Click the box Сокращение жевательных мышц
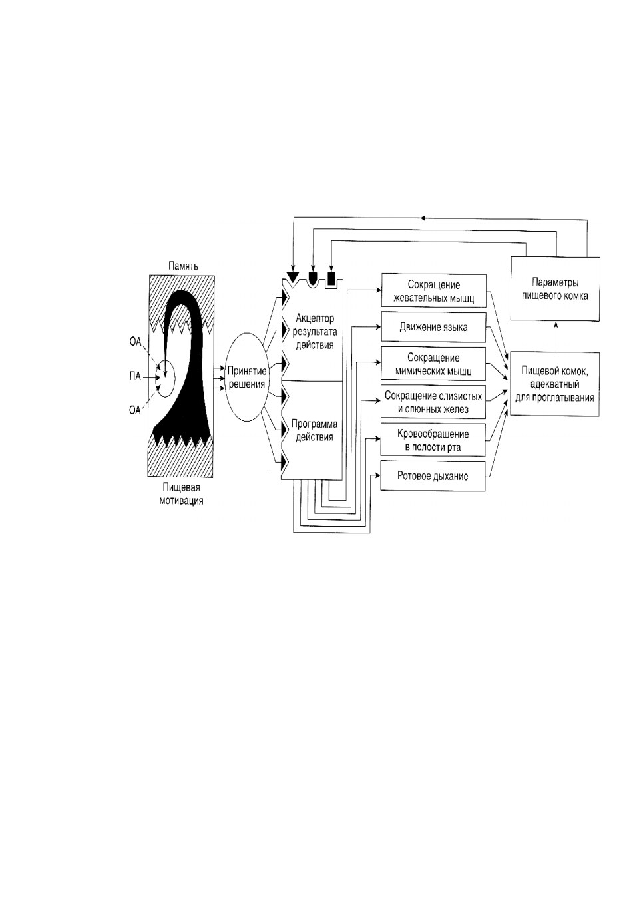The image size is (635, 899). tap(433, 291)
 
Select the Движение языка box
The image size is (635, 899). tap(433, 327)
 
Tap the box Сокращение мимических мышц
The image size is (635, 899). tap(433, 364)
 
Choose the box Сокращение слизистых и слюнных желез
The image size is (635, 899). tap(433, 402)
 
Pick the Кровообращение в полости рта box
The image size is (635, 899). tap(433, 440)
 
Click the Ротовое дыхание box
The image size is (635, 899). tap(433, 476)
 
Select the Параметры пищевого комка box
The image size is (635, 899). tap(555, 288)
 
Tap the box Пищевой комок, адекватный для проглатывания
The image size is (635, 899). tap(554, 384)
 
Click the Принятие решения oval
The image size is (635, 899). tap(246, 377)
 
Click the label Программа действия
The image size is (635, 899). tap(314, 430)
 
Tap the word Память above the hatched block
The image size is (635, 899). tap(183, 266)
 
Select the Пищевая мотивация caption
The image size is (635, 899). tap(181, 494)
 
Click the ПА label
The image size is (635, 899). tap(135, 376)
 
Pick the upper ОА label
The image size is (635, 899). tap(136, 342)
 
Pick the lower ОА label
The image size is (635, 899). tap(134, 410)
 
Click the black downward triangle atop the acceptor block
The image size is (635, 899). tap(293, 276)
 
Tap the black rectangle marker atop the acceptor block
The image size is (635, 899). tap(331, 278)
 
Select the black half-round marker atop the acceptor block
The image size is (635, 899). tap(312, 277)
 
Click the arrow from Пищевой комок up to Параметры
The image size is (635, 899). tap(556, 336)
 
